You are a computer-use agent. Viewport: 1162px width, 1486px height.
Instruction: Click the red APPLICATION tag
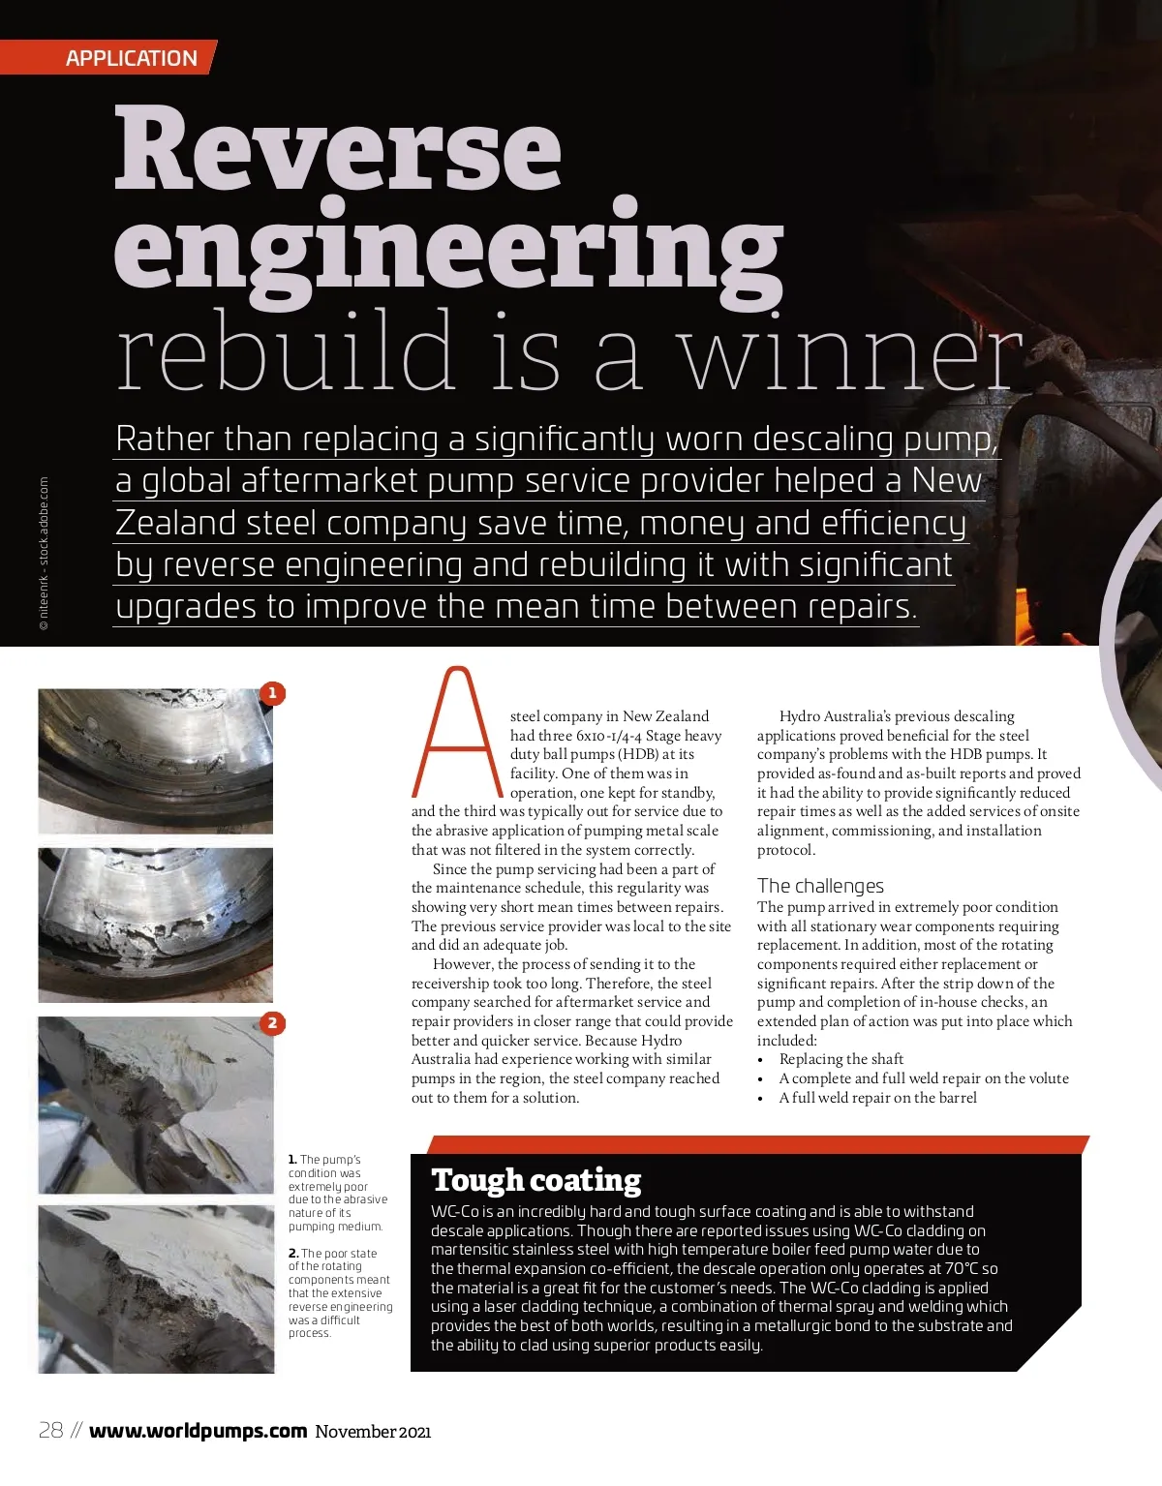click(131, 58)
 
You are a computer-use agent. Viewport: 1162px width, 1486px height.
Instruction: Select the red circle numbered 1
click(273, 693)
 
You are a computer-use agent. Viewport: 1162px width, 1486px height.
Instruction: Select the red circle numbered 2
click(273, 1023)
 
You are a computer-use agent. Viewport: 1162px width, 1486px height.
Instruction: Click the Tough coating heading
click(536, 1180)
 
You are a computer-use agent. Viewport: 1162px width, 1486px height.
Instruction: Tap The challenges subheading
click(820, 886)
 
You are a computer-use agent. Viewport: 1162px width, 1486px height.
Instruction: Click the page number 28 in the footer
click(50, 1431)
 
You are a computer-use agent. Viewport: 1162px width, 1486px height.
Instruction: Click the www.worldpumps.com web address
click(198, 1431)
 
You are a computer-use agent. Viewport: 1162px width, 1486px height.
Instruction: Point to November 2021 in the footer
click(373, 1432)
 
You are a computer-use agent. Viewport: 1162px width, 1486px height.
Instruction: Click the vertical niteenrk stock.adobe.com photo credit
click(44, 554)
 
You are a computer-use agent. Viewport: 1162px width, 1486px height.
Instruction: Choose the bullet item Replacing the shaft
click(841, 1059)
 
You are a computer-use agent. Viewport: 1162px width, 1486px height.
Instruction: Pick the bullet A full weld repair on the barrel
click(877, 1098)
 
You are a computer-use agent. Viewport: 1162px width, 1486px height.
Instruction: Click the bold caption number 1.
click(292, 1160)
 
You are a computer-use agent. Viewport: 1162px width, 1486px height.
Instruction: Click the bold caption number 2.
click(292, 1254)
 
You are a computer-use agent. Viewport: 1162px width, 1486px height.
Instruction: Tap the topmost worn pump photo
click(155, 761)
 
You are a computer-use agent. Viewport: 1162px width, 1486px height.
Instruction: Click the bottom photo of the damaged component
click(156, 1289)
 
